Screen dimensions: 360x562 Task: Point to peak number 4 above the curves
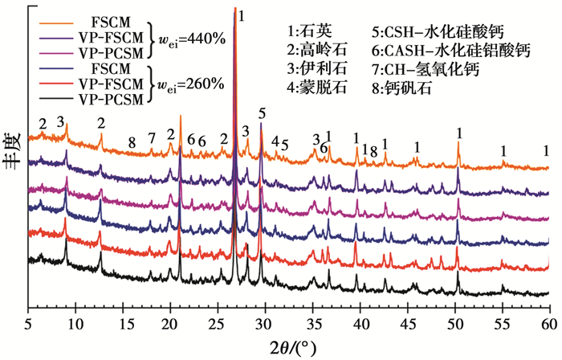pyautogui.click(x=275, y=141)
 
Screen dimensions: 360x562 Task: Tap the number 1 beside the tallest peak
pyautogui.click(x=242, y=15)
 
